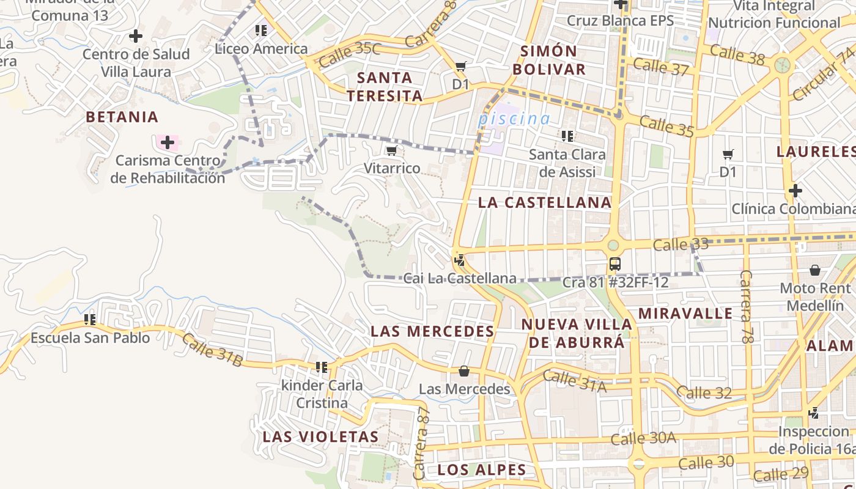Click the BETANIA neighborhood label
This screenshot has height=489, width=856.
pyautogui.click(x=122, y=117)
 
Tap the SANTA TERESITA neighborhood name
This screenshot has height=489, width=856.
pyautogui.click(x=385, y=87)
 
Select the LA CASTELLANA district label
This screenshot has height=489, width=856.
pyautogui.click(x=545, y=202)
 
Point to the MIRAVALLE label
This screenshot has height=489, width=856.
pyautogui.click(x=685, y=314)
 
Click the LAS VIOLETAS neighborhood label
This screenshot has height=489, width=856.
pyautogui.click(x=321, y=437)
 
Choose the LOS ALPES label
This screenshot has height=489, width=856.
pyautogui.click(x=482, y=470)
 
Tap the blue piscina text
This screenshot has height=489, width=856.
pyautogui.click(x=514, y=119)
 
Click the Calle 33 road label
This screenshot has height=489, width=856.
pyautogui.click(x=681, y=244)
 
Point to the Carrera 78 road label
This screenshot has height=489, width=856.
pyautogui.click(x=747, y=306)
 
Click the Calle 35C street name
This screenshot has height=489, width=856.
pyautogui.click(x=349, y=54)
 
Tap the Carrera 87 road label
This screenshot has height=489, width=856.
pyautogui.click(x=422, y=443)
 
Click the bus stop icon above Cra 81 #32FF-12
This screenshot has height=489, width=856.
pyautogui.click(x=614, y=264)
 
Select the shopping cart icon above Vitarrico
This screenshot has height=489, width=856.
pyautogui.click(x=392, y=150)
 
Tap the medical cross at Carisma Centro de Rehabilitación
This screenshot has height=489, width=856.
pyautogui.click(x=167, y=143)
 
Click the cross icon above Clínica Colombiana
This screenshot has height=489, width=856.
pyautogui.click(x=795, y=191)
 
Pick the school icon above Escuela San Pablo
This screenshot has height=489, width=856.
pyautogui.click(x=90, y=319)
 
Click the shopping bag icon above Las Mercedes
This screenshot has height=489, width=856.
pyautogui.click(x=464, y=371)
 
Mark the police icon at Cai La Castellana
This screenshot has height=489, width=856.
pyautogui.click(x=459, y=261)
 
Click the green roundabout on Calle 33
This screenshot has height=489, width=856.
pyautogui.click(x=613, y=245)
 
